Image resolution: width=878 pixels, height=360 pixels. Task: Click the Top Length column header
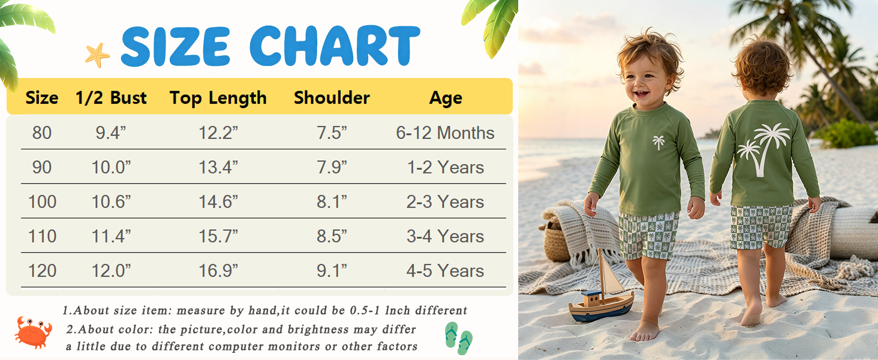pyautogui.click(x=218, y=98)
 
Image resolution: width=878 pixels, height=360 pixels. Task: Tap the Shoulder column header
pyautogui.click(x=332, y=98)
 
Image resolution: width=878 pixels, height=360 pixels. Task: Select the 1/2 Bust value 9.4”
pyautogui.click(x=111, y=133)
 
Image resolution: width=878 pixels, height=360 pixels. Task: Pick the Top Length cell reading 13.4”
pyautogui.click(x=218, y=167)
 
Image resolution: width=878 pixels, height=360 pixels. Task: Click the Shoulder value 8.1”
pyautogui.click(x=332, y=202)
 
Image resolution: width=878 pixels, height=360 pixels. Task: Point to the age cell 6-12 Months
pyautogui.click(x=445, y=133)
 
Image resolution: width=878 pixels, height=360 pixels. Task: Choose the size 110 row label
pyautogui.click(x=43, y=236)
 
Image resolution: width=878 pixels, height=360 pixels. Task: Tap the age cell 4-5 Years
pyautogui.click(x=445, y=271)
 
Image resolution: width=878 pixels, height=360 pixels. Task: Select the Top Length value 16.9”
pyautogui.click(x=218, y=271)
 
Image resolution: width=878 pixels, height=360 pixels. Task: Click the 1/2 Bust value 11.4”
pyautogui.click(x=111, y=236)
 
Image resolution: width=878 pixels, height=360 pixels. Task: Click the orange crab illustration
pyautogui.click(x=33, y=332)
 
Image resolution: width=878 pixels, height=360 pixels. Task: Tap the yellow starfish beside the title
pyautogui.click(x=98, y=55)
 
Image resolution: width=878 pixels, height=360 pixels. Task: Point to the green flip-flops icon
pyautogui.click(x=459, y=338)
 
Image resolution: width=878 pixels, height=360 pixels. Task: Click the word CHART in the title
pyautogui.click(x=335, y=46)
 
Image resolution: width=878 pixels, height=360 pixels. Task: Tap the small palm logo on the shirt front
pyautogui.click(x=659, y=142)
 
